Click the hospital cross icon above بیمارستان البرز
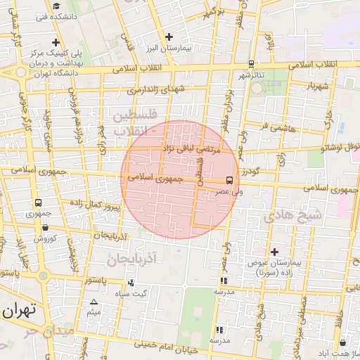169,37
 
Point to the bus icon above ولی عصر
229,181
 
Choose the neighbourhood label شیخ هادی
292,217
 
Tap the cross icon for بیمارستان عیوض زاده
274,251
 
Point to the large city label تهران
20,310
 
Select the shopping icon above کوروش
46,227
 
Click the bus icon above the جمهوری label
37,202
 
